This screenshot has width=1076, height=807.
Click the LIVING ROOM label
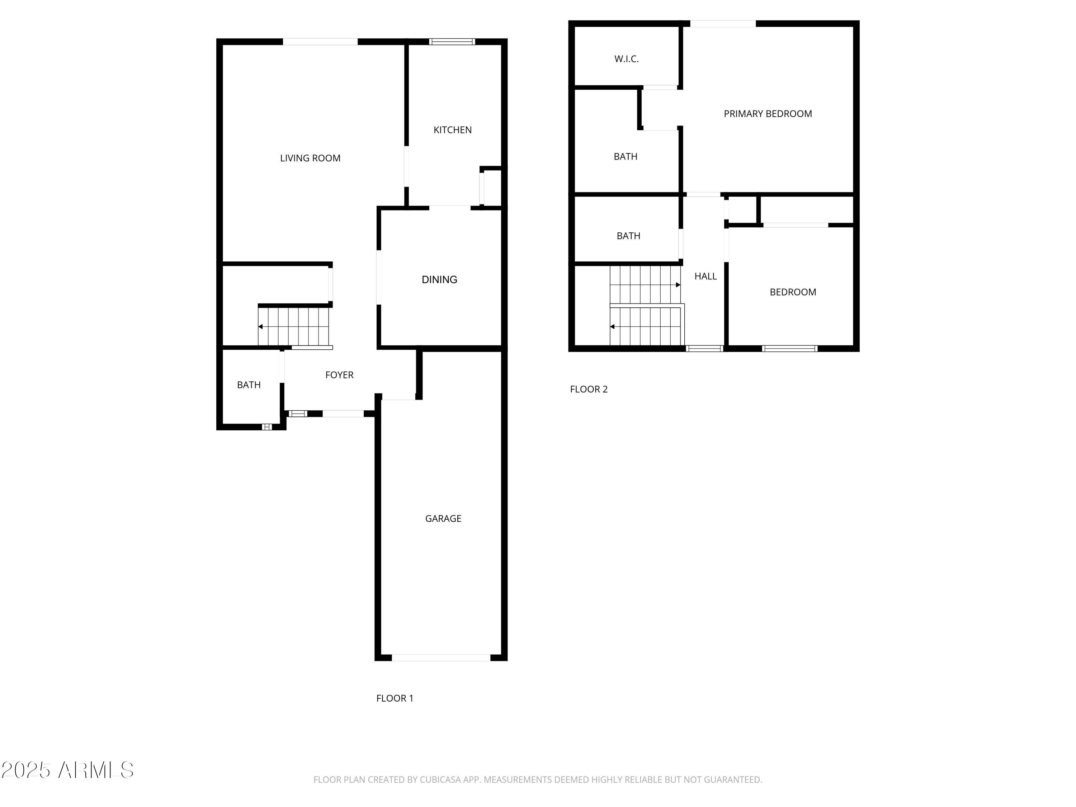coord(310,158)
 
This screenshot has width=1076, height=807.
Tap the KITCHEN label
coord(452,130)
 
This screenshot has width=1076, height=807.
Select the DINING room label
coord(439,280)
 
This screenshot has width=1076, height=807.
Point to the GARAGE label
coord(443,519)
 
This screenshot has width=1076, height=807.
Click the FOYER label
coord(339,375)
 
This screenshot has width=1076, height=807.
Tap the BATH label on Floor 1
coord(249,385)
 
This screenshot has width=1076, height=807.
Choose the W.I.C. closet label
coord(626,59)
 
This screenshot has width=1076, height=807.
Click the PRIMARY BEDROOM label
coord(768,114)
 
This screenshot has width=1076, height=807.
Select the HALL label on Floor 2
coord(705,276)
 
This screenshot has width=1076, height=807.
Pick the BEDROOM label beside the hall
coord(792,292)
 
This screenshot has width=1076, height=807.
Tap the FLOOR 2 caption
coord(589,389)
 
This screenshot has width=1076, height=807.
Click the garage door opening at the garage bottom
coord(441,658)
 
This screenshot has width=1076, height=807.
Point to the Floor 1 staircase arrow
coord(261,327)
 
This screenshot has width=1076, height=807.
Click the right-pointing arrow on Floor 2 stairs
coord(678,285)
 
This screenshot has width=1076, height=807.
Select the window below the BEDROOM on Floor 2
coord(789,348)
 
